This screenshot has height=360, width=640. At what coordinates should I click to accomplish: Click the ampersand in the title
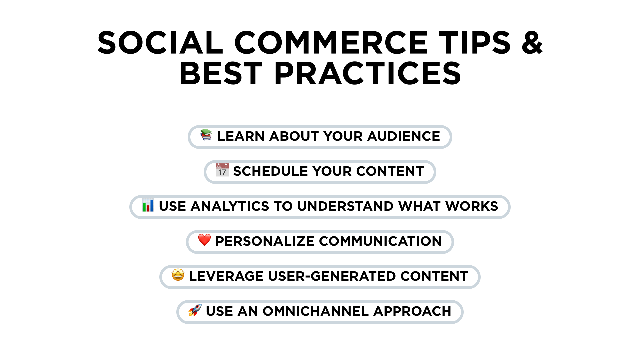point(532,42)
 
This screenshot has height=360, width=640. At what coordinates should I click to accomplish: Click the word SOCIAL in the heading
point(160,42)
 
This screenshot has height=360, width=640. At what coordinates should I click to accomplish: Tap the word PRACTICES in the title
point(368,73)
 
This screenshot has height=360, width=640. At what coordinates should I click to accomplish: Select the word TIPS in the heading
point(475,42)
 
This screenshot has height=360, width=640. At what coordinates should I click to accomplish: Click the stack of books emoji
point(206,135)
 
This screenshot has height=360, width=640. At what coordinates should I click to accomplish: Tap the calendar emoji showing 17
point(222,170)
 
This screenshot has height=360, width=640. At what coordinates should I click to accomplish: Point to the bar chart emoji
point(148,205)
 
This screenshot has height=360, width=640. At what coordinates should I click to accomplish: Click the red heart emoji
point(204,240)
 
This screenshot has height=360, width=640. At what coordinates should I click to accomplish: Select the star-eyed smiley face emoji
point(178,275)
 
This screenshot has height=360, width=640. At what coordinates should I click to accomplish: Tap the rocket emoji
point(195,310)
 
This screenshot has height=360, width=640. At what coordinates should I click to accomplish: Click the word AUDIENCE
point(404,136)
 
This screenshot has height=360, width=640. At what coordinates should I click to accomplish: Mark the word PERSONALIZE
point(265,241)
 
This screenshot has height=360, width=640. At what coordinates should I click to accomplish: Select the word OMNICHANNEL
point(315,311)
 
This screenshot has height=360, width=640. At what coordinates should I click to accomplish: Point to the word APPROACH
point(412,311)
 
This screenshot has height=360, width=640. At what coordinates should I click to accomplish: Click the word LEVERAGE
point(226,276)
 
